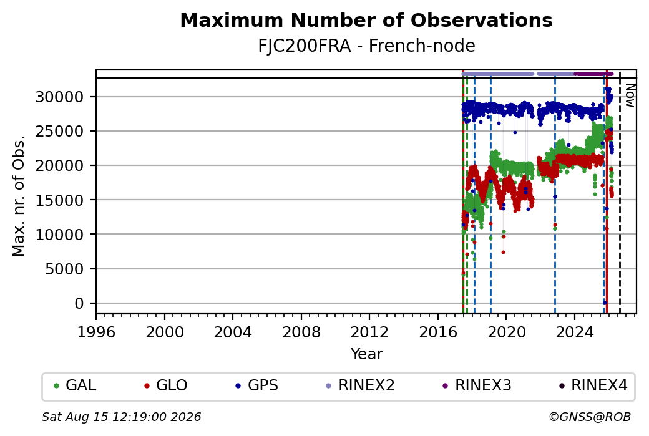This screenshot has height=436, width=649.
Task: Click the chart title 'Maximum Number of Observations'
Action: (x=366, y=20)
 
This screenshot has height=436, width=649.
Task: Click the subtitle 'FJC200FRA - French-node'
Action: (x=366, y=46)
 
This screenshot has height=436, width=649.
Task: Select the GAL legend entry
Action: (x=75, y=385)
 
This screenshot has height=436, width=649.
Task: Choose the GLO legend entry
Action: (x=165, y=385)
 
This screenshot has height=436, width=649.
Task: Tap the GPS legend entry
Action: (x=256, y=385)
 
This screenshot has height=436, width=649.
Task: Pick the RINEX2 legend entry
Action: (x=360, y=385)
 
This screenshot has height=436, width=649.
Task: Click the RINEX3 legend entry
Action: (x=477, y=385)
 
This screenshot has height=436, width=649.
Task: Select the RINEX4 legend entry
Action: (x=593, y=385)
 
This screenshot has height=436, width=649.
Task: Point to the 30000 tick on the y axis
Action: (x=60, y=97)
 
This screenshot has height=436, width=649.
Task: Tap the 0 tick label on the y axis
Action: (x=79, y=304)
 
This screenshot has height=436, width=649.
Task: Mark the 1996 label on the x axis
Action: (x=97, y=332)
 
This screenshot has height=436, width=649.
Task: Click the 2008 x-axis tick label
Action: (x=301, y=332)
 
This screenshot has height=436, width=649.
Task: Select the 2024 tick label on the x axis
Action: (x=575, y=332)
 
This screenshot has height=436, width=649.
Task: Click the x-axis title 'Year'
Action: (x=367, y=354)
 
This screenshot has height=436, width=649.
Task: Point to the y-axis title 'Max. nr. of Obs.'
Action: (x=19, y=196)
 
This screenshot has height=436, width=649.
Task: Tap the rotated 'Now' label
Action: (x=630, y=95)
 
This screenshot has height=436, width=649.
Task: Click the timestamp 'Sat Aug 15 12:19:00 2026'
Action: (x=121, y=417)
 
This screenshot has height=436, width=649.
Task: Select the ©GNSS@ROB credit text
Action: (x=590, y=417)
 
